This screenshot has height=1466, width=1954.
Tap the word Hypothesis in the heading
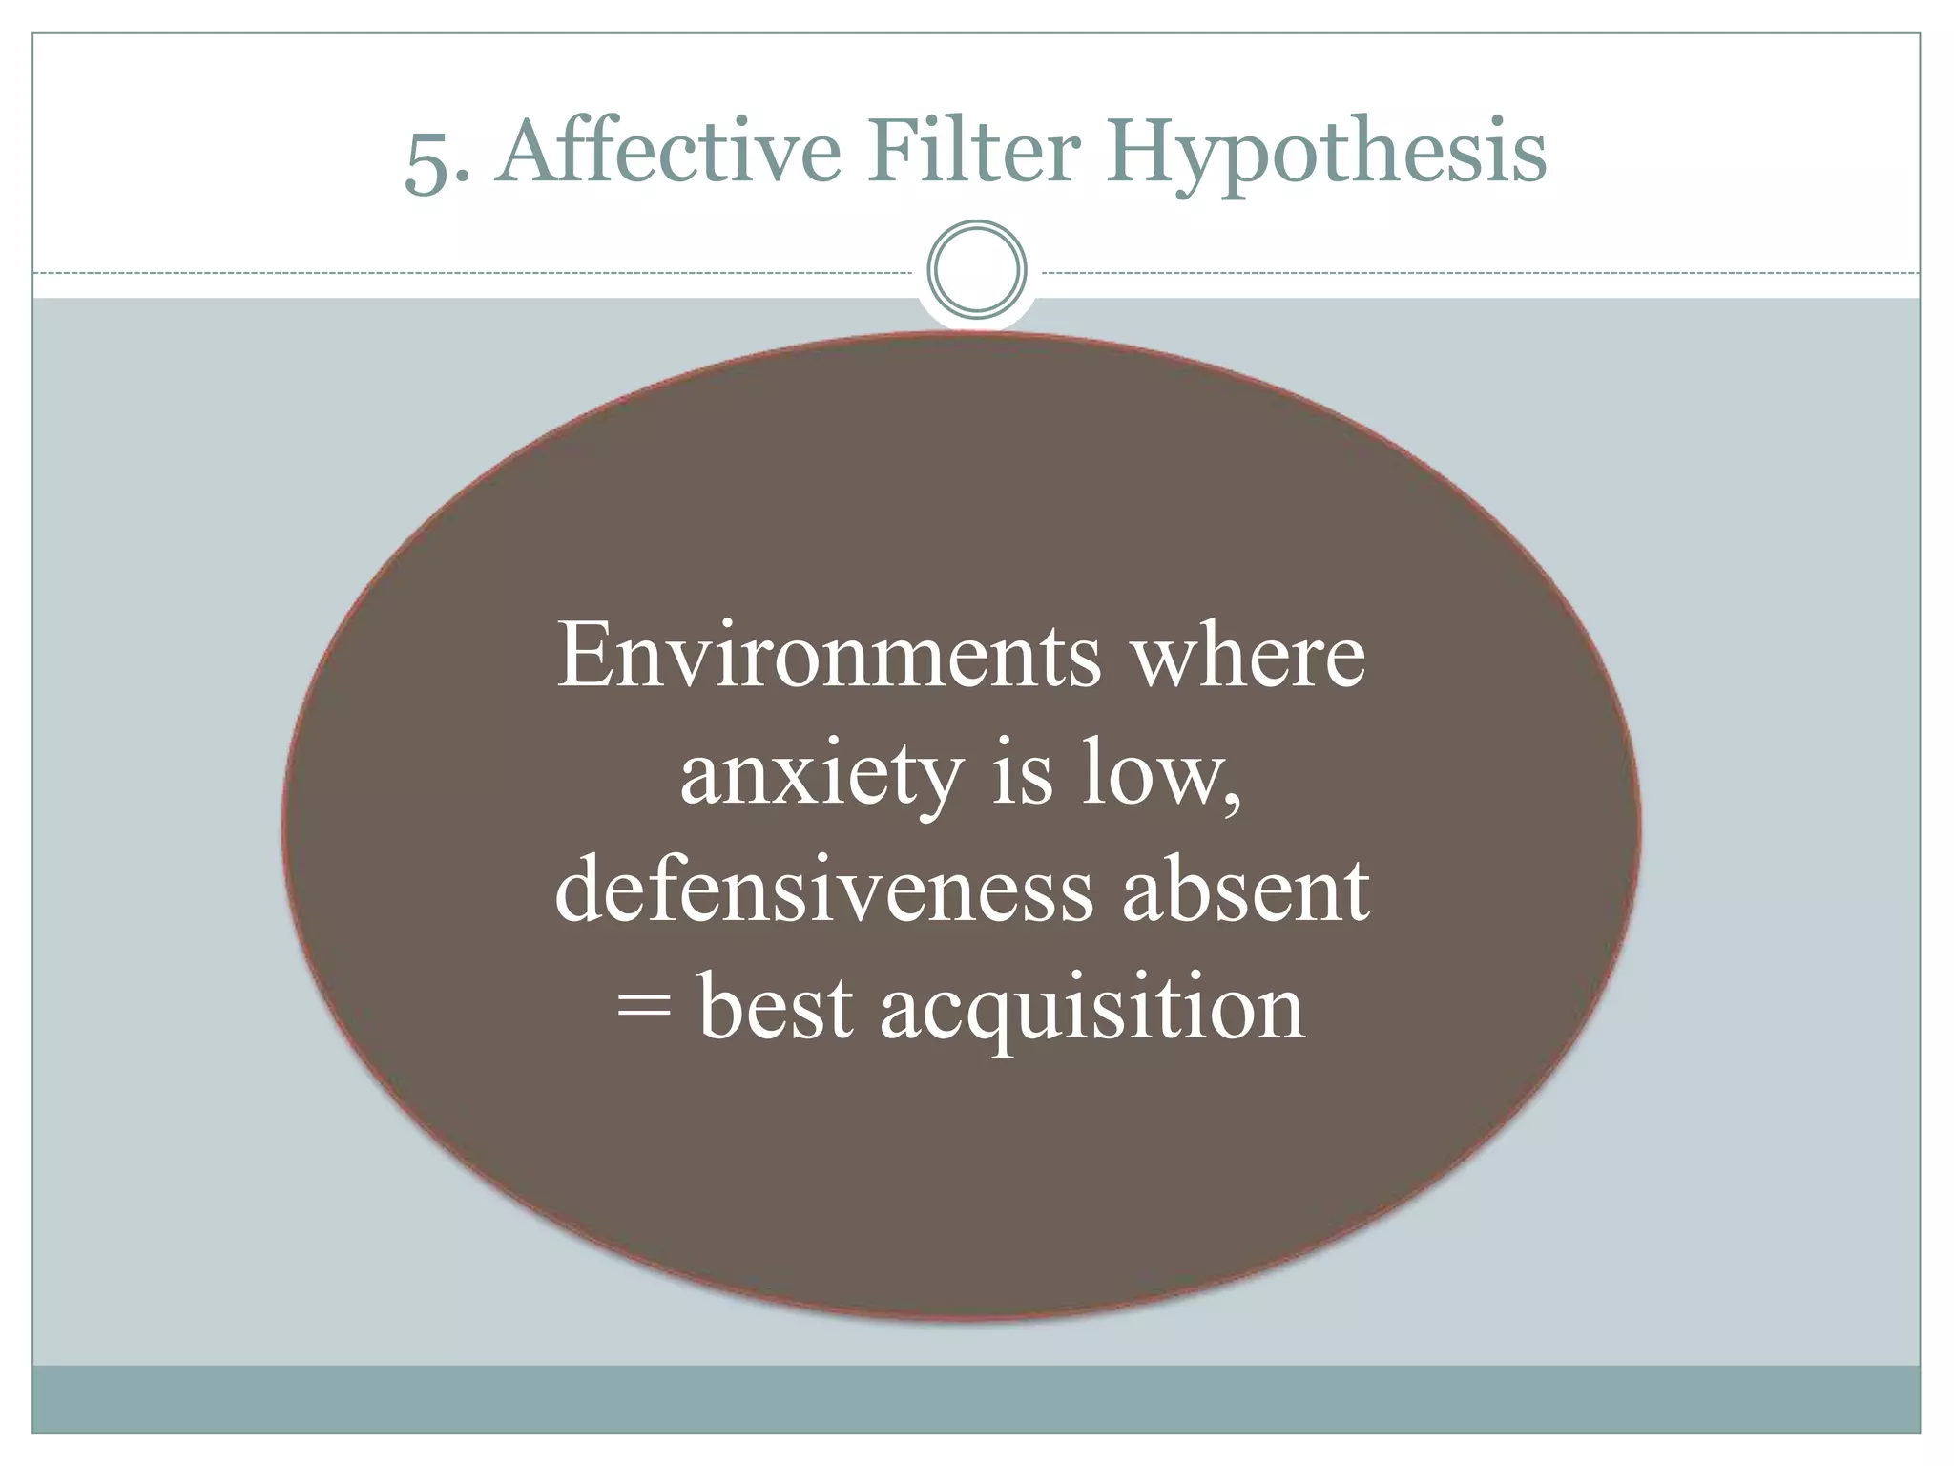(x=1325, y=157)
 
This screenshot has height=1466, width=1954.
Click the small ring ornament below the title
(x=977, y=269)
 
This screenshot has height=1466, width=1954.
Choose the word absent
(x=1246, y=890)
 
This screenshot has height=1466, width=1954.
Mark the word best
(x=776, y=1007)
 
